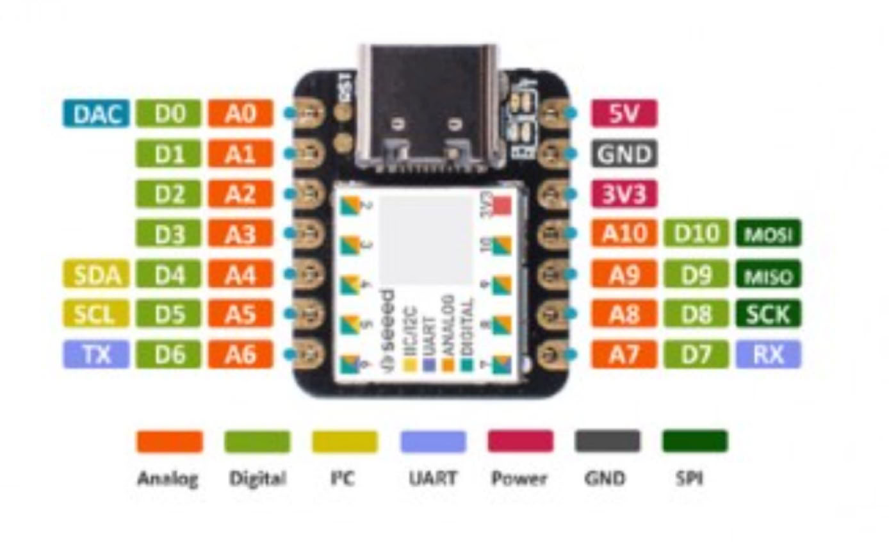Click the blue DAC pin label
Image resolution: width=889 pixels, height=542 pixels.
95,114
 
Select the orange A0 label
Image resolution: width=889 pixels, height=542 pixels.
240,114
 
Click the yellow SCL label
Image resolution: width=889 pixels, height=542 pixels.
95,314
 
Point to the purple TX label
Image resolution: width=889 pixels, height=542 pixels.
95,354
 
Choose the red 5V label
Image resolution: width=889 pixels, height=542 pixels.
624,114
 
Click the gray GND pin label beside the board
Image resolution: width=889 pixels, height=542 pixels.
624,154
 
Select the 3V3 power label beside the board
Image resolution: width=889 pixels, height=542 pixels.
624,194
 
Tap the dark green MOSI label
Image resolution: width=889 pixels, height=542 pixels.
769,234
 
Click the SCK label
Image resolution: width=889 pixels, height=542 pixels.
769,314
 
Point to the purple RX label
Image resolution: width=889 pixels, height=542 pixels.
769,354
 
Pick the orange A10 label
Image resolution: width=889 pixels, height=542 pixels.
624,234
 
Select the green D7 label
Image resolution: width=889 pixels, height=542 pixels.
696,354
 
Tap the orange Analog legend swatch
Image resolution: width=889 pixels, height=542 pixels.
169,441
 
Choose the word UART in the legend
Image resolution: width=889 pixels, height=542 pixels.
433,478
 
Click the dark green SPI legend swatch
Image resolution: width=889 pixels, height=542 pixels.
695,441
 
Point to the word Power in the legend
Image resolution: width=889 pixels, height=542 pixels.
519,478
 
